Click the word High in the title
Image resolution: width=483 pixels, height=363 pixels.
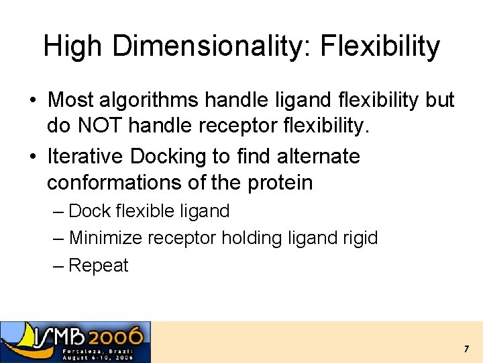coord(74,46)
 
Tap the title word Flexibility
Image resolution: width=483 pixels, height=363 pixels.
coord(380,46)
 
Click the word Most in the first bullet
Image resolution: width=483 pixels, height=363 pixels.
coord(71,101)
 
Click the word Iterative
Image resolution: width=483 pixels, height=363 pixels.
coord(86,157)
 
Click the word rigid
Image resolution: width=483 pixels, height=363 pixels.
coord(360,238)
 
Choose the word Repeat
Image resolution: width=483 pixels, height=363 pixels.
coord(98,266)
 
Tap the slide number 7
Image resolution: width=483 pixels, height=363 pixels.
coord(466,349)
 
